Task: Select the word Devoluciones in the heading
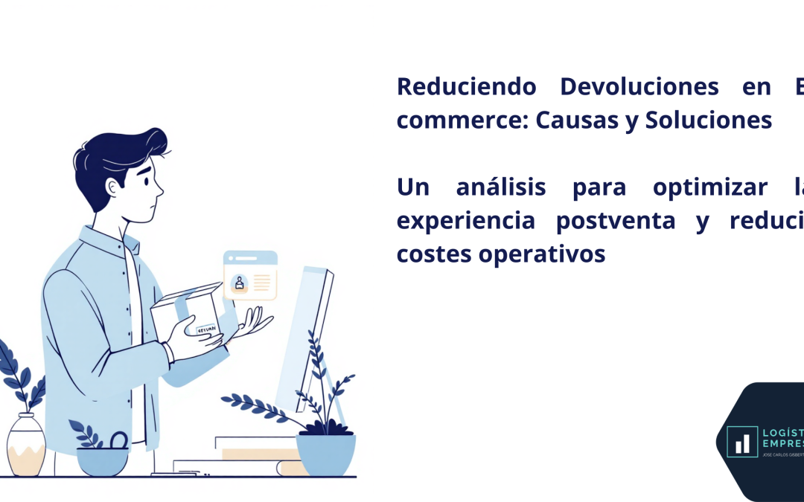(x=639, y=86)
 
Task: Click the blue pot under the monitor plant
(x=325, y=453)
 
